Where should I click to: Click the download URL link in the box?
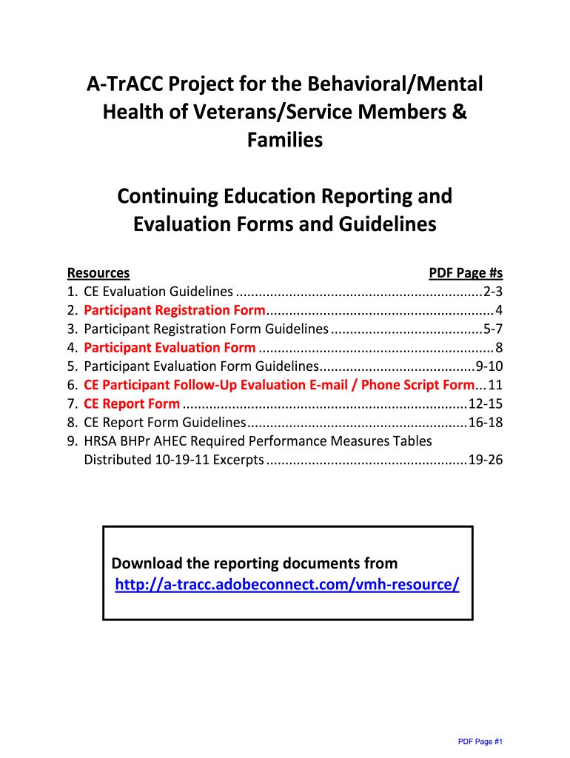[287, 585]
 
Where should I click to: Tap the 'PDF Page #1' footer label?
[480, 741]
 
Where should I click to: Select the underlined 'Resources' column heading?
[98, 273]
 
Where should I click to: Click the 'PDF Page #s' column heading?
[466, 273]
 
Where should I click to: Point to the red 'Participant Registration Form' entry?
[175, 310]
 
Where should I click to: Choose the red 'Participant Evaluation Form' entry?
[170, 347]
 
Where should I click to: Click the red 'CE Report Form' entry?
[132, 403]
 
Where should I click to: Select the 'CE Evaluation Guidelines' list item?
[159, 292]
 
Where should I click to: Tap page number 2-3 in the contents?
[492, 292]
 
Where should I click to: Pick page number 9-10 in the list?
[489, 366]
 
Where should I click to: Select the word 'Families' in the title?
[285, 139]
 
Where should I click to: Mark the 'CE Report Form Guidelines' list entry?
[165, 423]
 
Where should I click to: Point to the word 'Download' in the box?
[147, 563]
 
